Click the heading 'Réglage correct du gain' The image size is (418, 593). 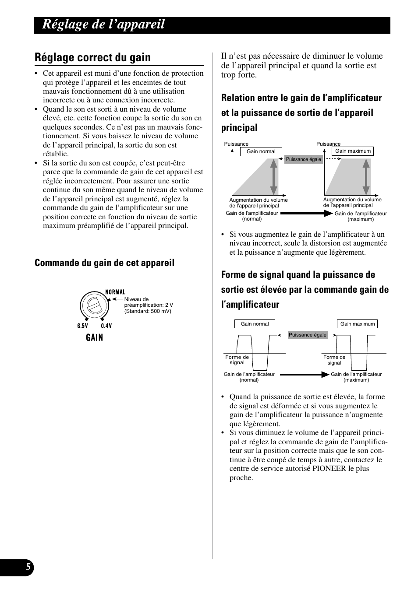click(92, 57)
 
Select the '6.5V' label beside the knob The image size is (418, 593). click(83, 326)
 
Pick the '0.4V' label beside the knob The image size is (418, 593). click(106, 326)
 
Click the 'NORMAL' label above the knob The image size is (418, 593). click(115, 292)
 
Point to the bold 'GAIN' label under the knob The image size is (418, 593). click(94, 337)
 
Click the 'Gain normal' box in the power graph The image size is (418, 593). click(261, 151)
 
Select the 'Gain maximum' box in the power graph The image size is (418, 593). click(353, 151)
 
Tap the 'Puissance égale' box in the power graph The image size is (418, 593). click(303, 159)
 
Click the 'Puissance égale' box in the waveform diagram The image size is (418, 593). click(308, 335)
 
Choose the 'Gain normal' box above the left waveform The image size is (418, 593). click(255, 324)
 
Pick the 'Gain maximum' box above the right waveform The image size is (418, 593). click(358, 324)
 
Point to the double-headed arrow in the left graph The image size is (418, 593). click(273, 176)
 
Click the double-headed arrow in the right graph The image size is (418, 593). click(366, 176)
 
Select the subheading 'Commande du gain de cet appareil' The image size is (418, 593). click(104, 263)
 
